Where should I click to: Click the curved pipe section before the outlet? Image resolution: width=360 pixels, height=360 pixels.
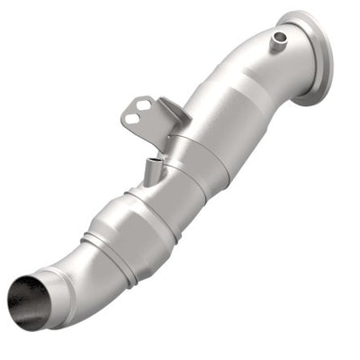76,270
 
